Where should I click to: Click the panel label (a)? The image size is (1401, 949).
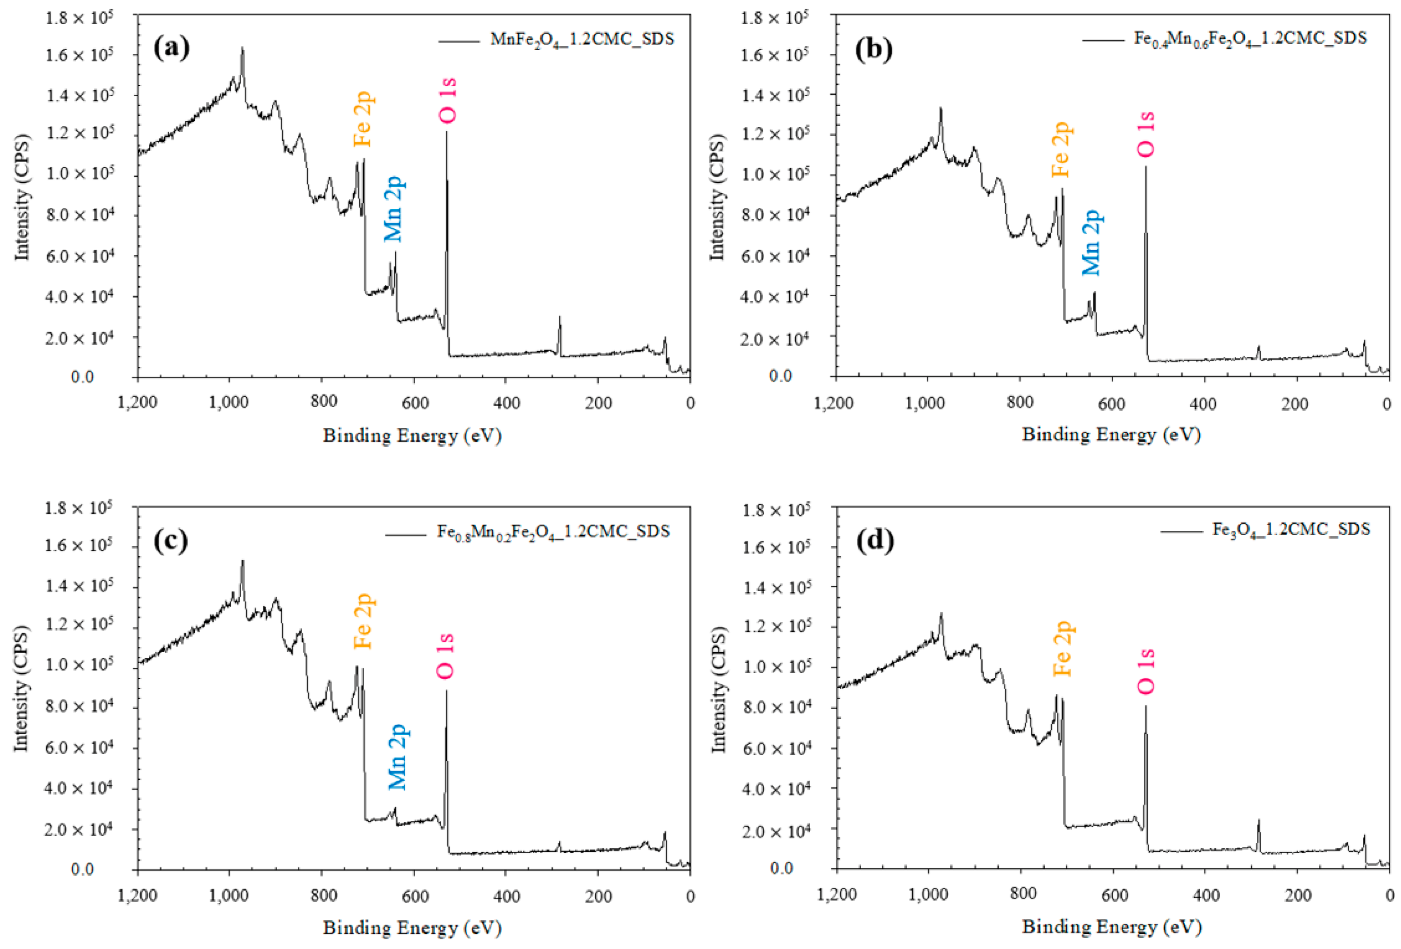pos(172,47)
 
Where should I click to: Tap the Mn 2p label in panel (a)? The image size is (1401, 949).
pos(395,209)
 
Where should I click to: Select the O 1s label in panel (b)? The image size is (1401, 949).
pos(1145,134)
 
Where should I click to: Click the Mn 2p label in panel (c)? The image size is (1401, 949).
pos(398,757)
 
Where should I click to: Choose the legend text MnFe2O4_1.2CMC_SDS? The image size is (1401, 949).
pos(582,40)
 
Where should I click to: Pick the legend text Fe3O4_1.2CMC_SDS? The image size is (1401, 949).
pos(1291,529)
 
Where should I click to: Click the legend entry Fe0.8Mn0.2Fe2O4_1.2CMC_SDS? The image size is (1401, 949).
pos(553,531)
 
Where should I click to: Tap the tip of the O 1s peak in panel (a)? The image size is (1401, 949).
pos(446,133)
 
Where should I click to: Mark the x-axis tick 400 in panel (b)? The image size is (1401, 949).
pos(1203,403)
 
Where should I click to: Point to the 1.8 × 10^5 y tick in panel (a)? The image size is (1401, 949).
pos(79,17)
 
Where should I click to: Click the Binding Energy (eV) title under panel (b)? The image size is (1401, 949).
pos(1111,435)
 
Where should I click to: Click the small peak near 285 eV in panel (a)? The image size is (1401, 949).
pos(559,318)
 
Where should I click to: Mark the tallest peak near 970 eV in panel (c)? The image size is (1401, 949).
pos(242,561)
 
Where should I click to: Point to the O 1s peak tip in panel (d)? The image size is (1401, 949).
pos(1145,707)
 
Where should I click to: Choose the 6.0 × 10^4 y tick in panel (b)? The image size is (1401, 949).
pos(777,256)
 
